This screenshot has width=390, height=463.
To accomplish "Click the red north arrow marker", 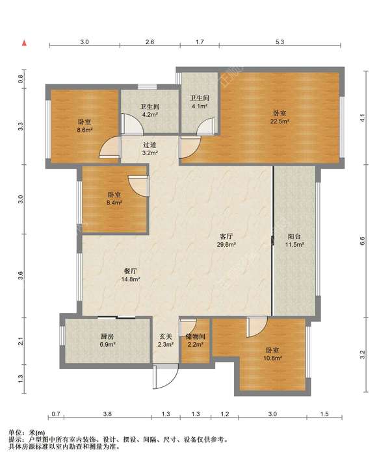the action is (25, 44).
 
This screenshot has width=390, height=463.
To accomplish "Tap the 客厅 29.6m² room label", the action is (226, 240).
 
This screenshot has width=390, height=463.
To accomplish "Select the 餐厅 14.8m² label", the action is (131, 275).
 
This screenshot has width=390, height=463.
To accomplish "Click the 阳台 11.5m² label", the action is (295, 240).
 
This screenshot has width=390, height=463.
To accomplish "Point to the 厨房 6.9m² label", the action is (107, 340).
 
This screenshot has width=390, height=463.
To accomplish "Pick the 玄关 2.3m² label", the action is (166, 340).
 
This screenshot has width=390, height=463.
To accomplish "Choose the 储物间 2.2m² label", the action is (195, 340).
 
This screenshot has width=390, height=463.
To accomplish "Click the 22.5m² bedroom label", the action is (279, 117).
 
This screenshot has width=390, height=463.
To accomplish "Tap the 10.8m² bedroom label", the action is (272, 354).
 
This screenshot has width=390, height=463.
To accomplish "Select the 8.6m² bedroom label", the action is (84, 125).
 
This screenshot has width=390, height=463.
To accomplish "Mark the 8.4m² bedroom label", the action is (114, 199).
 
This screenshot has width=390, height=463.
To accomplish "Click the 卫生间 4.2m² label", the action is (150, 110).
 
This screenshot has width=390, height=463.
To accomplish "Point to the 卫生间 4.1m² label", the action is (200, 102).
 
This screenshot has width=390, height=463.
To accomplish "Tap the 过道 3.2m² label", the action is (149, 149).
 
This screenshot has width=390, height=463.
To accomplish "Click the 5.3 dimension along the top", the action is (279, 42).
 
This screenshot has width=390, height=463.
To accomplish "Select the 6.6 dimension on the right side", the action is (363, 242).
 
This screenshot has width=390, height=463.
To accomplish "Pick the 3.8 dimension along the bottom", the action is (108, 414).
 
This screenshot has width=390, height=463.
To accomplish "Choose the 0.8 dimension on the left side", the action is (20, 79).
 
